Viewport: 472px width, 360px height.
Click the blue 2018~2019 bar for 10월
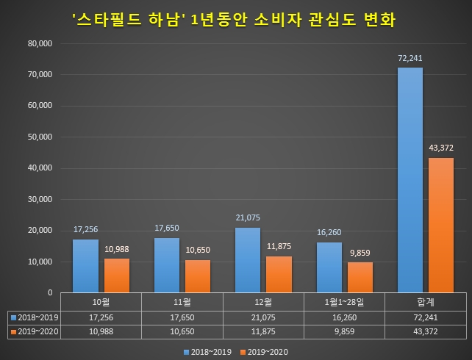pos(85,266)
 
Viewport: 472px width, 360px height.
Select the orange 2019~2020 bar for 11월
pos(197,276)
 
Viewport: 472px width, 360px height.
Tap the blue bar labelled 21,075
pos(247,260)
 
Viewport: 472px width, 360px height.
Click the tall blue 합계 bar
pos(410,180)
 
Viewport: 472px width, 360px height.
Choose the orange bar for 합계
pos(441,225)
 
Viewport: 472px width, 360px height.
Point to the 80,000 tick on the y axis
pos(38,43)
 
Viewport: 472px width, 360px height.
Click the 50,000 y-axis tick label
pos(38,137)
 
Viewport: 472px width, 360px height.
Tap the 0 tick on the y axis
pos(49,292)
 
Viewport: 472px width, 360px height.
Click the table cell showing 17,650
pos(182,317)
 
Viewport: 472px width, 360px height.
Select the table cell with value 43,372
pos(425,331)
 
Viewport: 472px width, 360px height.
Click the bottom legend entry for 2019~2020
pos(265,351)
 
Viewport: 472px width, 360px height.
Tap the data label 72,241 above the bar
pos(410,57)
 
